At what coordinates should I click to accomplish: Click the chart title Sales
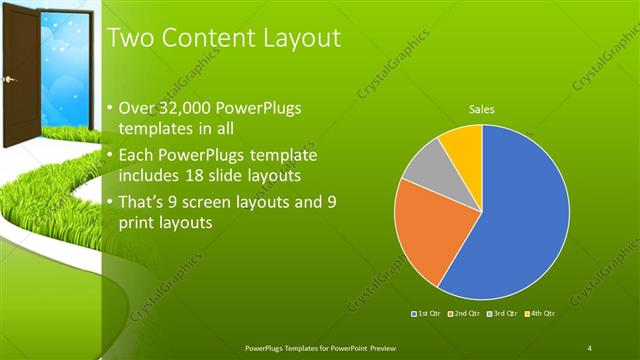tap(482, 110)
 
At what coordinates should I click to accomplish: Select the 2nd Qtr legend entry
tap(464, 313)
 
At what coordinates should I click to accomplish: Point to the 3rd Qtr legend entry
tap(503, 313)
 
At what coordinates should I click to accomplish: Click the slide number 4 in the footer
tap(590, 347)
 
